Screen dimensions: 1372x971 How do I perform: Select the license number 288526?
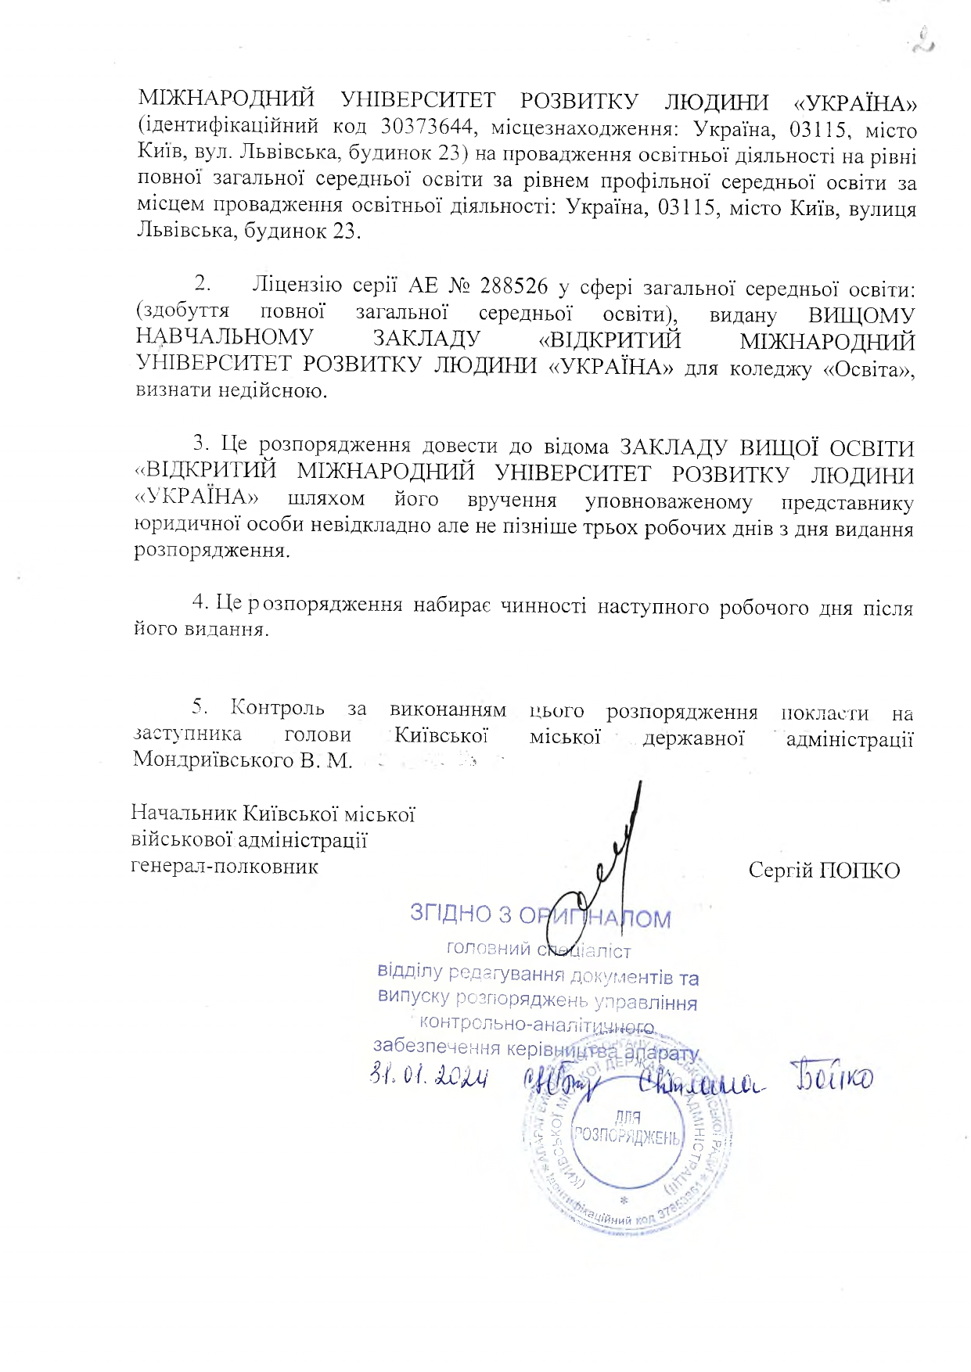(x=513, y=286)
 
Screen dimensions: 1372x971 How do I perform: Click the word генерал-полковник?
(x=225, y=866)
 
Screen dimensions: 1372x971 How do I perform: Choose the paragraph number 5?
(x=201, y=708)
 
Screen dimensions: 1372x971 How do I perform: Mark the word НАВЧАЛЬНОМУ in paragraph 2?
(x=225, y=338)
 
